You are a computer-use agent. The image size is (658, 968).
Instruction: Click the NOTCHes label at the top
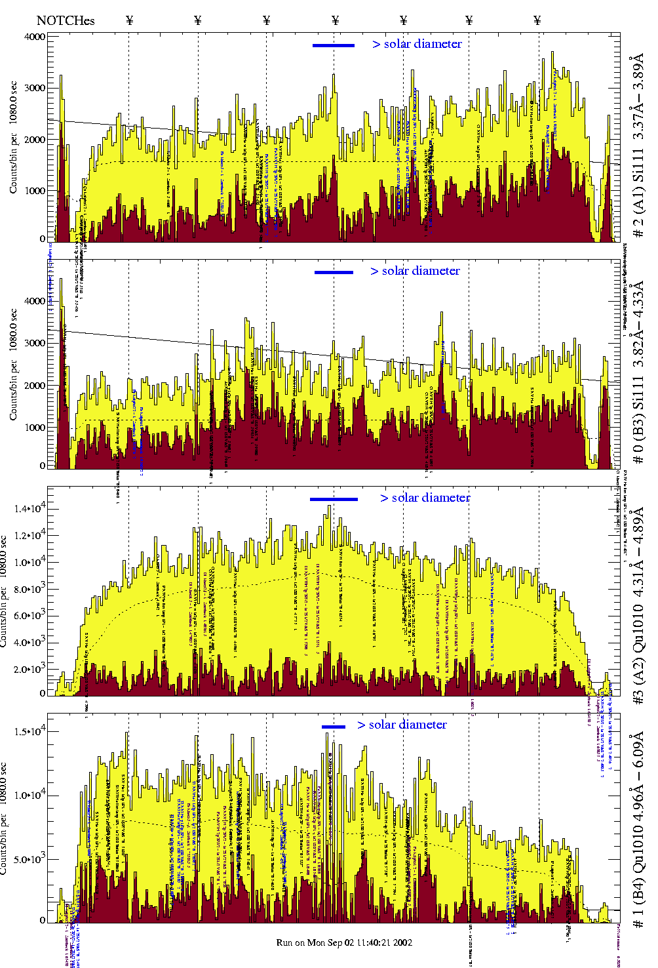66,20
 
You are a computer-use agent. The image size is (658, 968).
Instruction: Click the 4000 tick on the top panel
35,37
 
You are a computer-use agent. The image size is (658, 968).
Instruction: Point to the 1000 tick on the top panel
35,191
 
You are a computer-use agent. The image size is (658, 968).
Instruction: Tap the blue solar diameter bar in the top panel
334,45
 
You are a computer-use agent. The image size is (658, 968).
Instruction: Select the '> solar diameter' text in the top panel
417,44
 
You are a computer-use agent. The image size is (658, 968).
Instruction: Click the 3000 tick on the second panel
35,343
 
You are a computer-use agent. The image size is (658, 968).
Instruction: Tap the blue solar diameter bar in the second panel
334,272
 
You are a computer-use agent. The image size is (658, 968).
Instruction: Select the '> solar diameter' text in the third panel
425,498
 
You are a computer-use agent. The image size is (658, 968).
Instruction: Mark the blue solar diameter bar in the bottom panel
334,727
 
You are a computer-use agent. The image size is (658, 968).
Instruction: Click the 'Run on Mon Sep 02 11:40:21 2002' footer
344,942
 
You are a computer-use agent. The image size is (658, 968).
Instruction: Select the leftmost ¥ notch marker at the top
129,20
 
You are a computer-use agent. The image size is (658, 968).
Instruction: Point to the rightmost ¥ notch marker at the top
537,20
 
